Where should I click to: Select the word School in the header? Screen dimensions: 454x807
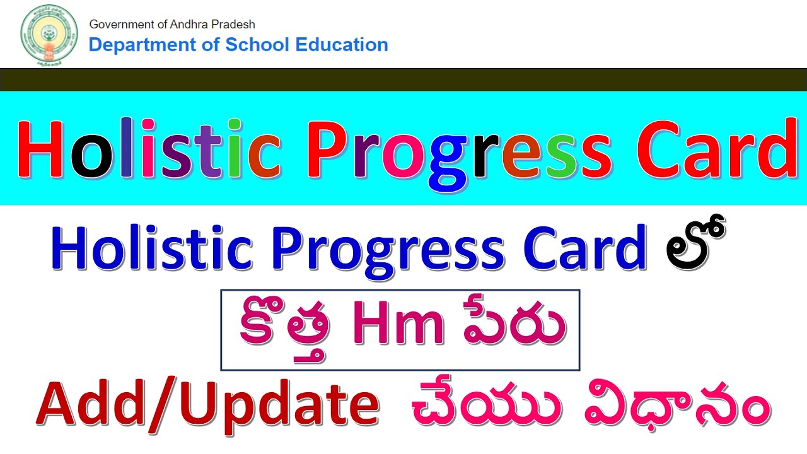click(252, 45)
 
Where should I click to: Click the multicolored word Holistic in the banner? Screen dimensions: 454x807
click(148, 150)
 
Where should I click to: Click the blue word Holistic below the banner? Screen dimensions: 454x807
click(151, 250)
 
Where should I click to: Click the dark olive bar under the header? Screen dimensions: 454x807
click(403, 79)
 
